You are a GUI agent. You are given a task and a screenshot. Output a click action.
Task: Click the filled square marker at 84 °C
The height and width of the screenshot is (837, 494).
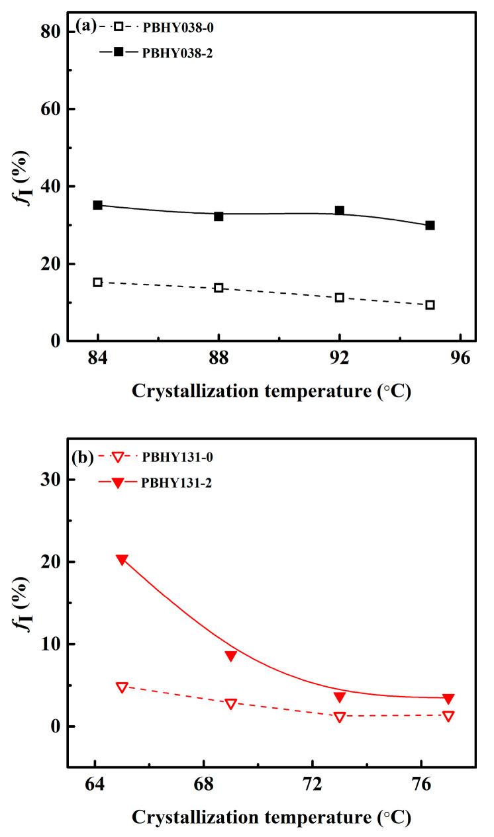(x=97, y=205)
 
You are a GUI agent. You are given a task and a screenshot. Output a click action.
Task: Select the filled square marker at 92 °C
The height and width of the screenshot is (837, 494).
(x=339, y=210)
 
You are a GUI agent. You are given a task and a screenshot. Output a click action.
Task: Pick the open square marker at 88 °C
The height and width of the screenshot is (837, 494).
(x=219, y=288)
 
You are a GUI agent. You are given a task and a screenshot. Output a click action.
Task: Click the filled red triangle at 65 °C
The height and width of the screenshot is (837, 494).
(x=122, y=560)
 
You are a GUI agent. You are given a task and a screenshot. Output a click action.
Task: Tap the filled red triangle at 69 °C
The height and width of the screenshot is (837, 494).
(x=230, y=656)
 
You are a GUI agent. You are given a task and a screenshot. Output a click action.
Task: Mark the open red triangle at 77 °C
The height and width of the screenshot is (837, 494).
(x=448, y=716)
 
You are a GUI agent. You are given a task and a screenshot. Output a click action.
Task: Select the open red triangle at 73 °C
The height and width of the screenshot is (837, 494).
(x=340, y=717)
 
